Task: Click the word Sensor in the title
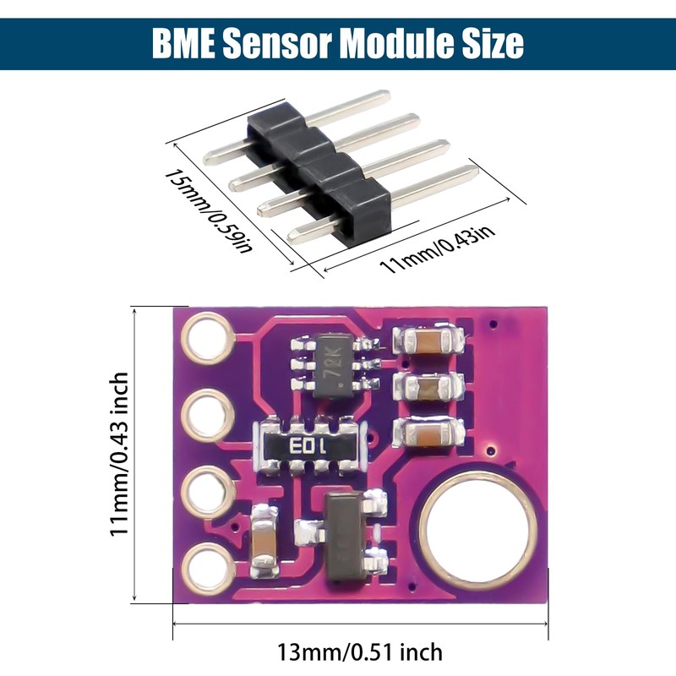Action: pyautogui.click(x=279, y=42)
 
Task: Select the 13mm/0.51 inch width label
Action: pyautogui.click(x=359, y=652)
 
